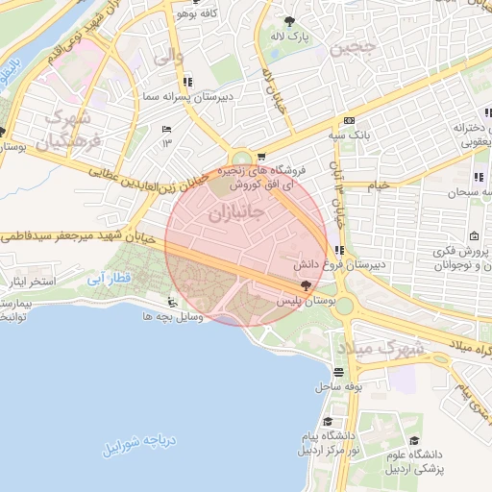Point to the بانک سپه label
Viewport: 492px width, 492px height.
click(x=360, y=135)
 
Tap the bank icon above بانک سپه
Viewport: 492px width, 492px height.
click(x=349, y=120)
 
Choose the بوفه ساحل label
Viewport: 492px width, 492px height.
click(x=337, y=386)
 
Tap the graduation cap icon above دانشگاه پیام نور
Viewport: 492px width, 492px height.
click(x=328, y=422)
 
